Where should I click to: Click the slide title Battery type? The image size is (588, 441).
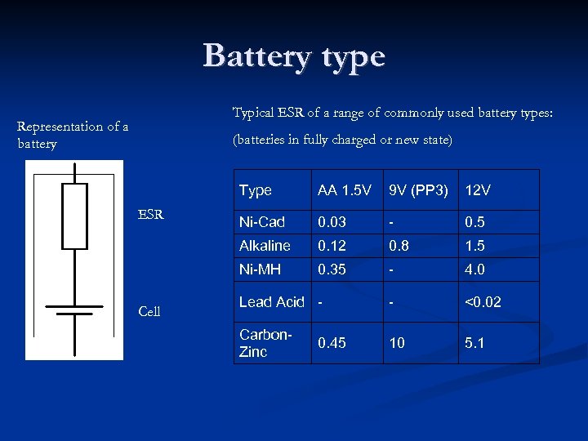click(294, 56)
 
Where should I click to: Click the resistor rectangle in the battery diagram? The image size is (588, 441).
click(74, 216)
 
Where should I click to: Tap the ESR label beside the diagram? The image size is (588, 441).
click(151, 216)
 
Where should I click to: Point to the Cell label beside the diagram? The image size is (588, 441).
click(149, 311)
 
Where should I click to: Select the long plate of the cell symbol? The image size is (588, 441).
click(74, 307)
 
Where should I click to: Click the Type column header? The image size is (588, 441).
click(256, 190)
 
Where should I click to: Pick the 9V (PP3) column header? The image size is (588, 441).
click(418, 190)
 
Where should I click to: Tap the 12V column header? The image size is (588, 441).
click(478, 190)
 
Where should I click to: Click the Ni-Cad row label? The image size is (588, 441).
click(261, 222)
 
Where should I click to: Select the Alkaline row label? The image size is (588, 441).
click(265, 246)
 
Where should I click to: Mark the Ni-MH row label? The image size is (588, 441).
click(260, 269)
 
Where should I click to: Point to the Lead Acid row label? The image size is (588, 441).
click(271, 302)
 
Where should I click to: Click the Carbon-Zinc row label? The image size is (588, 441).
click(265, 343)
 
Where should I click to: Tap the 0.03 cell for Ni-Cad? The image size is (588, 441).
click(332, 222)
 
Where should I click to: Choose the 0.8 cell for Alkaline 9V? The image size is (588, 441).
click(399, 246)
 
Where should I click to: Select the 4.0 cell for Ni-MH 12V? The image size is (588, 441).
click(474, 269)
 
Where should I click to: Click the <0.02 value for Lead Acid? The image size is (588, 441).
click(483, 302)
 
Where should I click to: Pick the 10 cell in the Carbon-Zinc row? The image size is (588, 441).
click(397, 343)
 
